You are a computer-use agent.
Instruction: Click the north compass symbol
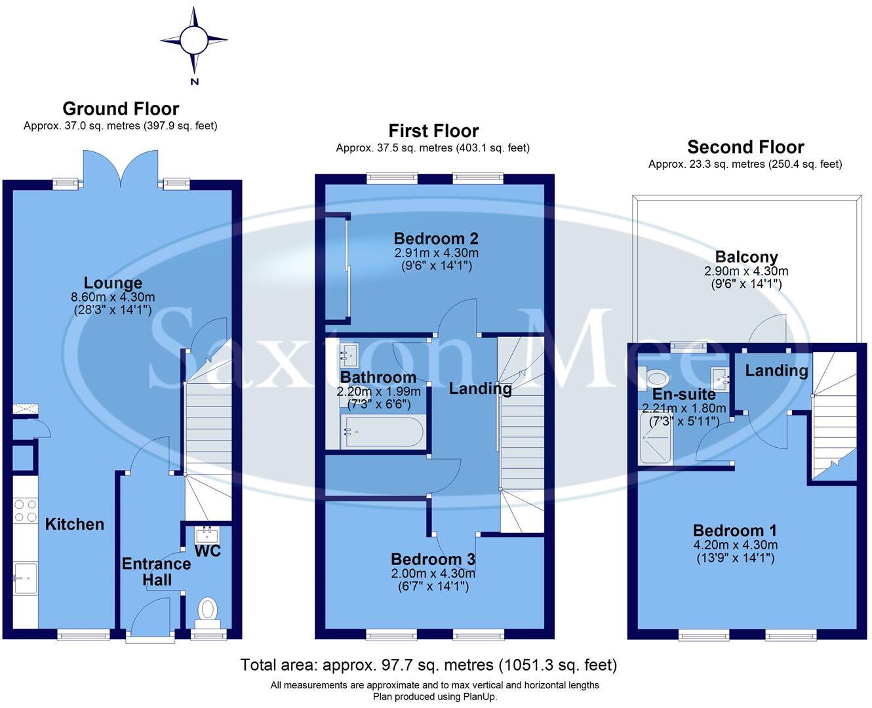click(194, 41)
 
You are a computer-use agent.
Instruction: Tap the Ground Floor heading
click(121, 109)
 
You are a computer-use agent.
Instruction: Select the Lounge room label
click(113, 283)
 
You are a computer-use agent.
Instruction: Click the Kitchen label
click(75, 524)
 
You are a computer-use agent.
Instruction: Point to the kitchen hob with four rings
click(26, 510)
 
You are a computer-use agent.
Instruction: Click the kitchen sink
click(26, 578)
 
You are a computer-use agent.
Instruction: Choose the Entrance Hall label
click(156, 572)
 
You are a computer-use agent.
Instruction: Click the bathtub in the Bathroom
click(384, 432)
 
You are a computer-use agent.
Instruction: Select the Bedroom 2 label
click(436, 239)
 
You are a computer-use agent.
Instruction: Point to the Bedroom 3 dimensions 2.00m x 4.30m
click(433, 574)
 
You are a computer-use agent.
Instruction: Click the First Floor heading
click(433, 131)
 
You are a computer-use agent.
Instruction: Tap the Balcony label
click(746, 257)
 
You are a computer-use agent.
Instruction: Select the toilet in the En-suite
click(656, 378)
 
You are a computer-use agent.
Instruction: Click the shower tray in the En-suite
click(656, 437)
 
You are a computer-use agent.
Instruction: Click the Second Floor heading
click(745, 147)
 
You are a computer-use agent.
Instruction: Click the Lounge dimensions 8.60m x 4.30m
click(113, 297)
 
